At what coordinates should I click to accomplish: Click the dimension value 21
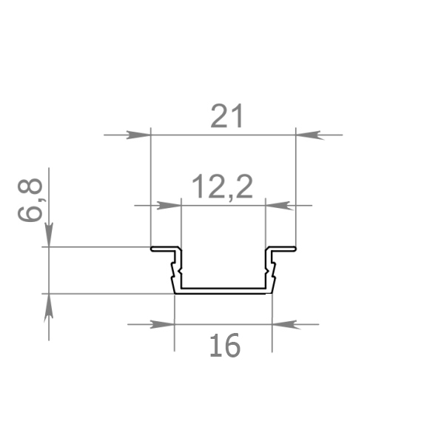(x=226, y=116)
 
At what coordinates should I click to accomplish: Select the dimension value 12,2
(x=222, y=187)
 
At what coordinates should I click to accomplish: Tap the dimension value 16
(x=225, y=346)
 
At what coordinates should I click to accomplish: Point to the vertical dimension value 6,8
(x=30, y=200)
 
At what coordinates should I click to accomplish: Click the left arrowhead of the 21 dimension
(x=138, y=135)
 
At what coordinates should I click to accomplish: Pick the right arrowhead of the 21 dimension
(x=309, y=135)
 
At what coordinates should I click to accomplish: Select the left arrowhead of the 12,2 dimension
(x=169, y=206)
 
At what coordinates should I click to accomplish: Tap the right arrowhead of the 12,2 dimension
(x=278, y=206)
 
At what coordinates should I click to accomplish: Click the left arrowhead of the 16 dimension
(x=162, y=325)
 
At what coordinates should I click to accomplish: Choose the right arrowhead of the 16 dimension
(x=285, y=325)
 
